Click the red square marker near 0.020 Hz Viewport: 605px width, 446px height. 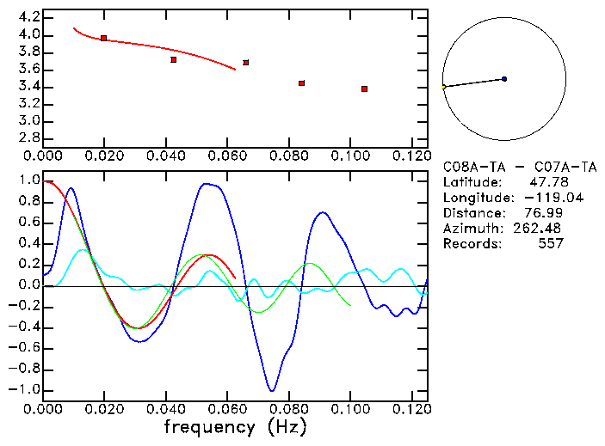click(x=103, y=38)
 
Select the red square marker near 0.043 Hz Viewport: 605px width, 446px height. click(x=174, y=59)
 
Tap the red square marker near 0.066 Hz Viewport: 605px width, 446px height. click(x=246, y=63)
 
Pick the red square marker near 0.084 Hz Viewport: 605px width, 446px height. click(x=301, y=83)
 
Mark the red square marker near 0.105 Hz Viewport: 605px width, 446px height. click(x=365, y=89)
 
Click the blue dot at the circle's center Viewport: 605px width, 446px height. click(x=504, y=79)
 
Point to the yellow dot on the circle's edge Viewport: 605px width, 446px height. click(x=443, y=87)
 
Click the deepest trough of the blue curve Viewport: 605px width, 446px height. click(x=272, y=391)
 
